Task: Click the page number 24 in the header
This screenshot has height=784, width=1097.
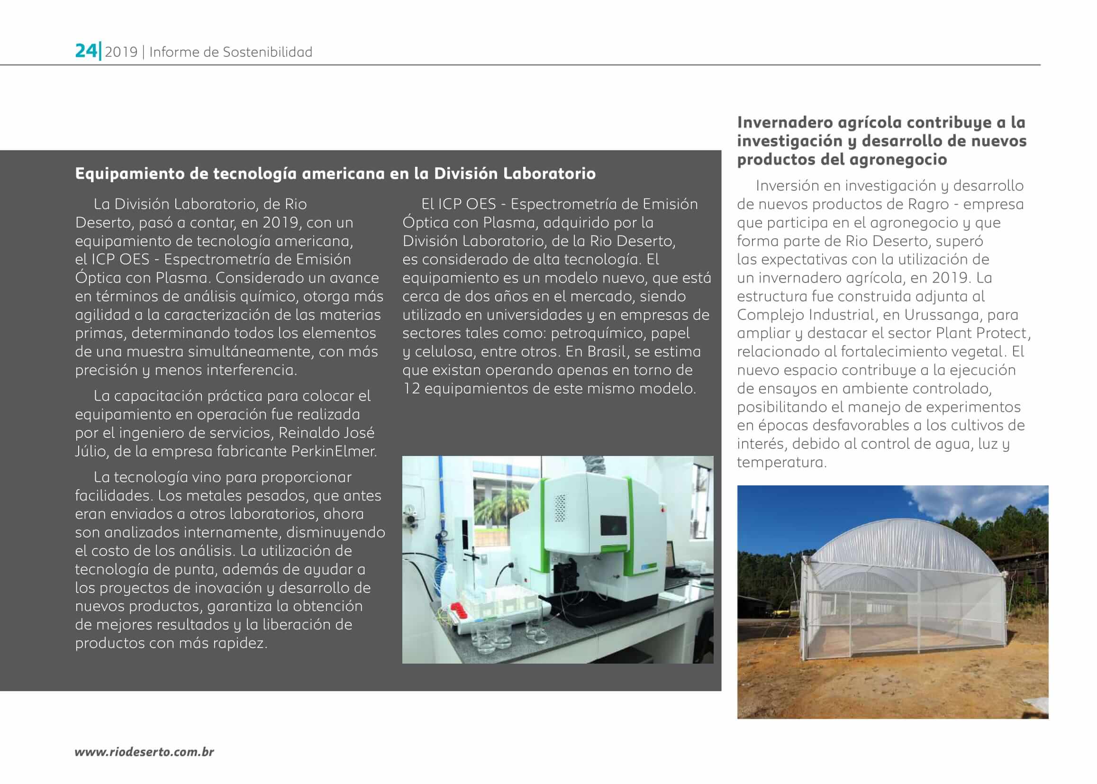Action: (86, 51)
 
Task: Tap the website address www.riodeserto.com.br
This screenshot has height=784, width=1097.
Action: (145, 752)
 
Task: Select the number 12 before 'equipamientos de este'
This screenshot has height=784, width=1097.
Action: (411, 389)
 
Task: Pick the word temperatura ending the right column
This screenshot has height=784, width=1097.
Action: (781, 463)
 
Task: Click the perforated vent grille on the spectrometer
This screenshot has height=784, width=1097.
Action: (560, 507)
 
